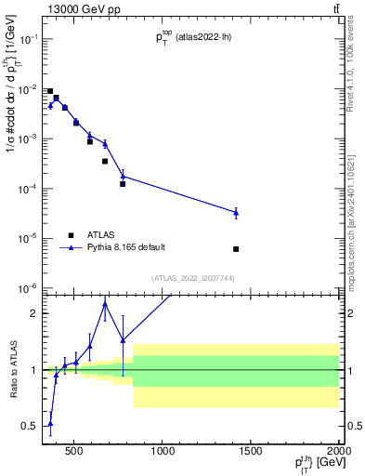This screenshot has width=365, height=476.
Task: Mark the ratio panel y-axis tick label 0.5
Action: coord(31,426)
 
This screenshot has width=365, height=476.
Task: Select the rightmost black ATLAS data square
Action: coord(236,249)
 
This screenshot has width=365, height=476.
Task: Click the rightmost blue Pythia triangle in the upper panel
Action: coord(236,213)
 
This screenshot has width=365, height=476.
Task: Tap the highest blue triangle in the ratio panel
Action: coord(105,304)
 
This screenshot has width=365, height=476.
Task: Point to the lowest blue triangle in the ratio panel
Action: coord(50,423)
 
